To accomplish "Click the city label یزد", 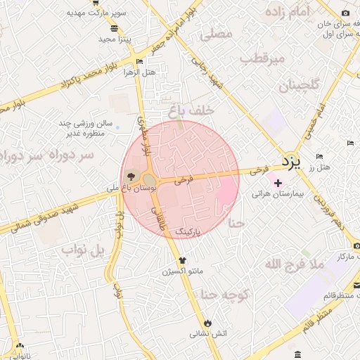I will (x=290, y=162).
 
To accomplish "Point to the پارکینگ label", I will (x=188, y=231).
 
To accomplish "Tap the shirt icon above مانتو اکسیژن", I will (x=182, y=259).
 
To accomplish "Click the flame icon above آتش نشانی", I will (x=207, y=323).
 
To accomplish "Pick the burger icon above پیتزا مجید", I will (x=114, y=29).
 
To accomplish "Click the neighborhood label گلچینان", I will (x=299, y=86).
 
